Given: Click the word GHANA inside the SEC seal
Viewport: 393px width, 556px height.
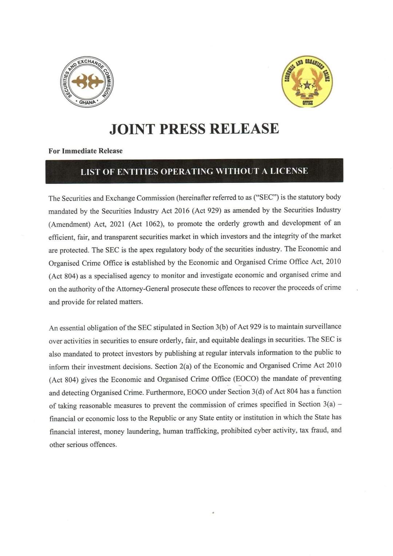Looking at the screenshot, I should (x=87, y=102).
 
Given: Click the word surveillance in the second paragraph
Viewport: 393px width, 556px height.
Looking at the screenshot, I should (x=320, y=326).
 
